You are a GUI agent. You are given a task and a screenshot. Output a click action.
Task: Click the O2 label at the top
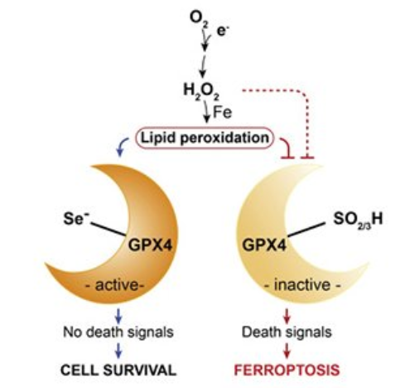pos(199,19)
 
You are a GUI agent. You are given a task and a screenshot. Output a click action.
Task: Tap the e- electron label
pos(223,32)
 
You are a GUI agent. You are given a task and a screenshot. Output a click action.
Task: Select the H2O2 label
pos(201,91)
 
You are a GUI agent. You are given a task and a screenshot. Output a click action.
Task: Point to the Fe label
pos(222,113)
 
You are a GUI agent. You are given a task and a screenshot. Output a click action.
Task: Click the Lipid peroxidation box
pos(205,138)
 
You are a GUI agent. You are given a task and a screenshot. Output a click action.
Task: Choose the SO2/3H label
pos(358,220)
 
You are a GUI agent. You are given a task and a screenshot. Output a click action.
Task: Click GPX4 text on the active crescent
pos(151,245)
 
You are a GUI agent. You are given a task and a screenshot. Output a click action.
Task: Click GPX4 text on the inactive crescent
pos(264,245)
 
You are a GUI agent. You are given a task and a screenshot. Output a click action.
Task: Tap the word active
pos(116,285)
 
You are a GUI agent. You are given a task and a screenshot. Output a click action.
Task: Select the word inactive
pos(302,285)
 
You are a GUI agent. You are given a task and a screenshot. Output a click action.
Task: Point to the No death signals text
pos(118,332)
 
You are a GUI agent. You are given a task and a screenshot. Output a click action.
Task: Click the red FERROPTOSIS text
pos(287,370)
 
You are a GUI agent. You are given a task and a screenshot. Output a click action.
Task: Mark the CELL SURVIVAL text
pos(118,370)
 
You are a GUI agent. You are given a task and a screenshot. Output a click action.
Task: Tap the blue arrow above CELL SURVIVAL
pos(118,351)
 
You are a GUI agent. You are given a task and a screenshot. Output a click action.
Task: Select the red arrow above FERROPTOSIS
pos(287,351)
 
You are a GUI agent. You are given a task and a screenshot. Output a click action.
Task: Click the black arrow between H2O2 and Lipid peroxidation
pos(206,113)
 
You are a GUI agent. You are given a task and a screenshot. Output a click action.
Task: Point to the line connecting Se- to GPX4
pos(108,229)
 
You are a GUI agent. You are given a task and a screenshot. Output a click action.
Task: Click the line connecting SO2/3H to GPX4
pos(306,230)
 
